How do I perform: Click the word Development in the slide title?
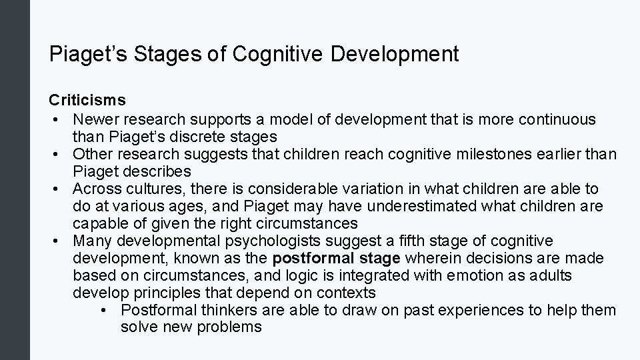pyautogui.click(x=394, y=54)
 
